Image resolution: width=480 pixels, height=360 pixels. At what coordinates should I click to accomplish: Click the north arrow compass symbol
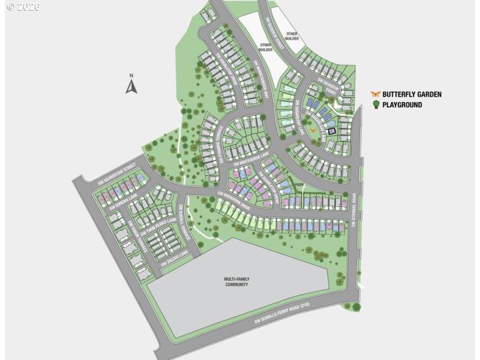click(x=131, y=85)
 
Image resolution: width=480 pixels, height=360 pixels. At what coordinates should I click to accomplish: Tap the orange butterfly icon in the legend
click(x=376, y=94)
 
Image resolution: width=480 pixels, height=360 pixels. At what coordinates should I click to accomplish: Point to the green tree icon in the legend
click(x=376, y=105)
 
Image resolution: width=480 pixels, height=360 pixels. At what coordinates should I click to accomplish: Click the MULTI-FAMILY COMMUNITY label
click(x=236, y=281)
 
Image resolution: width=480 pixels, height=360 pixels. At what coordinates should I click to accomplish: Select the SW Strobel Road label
click(x=355, y=209)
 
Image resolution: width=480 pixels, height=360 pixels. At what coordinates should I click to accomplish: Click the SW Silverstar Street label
click(x=117, y=173)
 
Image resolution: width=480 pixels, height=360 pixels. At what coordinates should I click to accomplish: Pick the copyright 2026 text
click(x=22, y=7)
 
